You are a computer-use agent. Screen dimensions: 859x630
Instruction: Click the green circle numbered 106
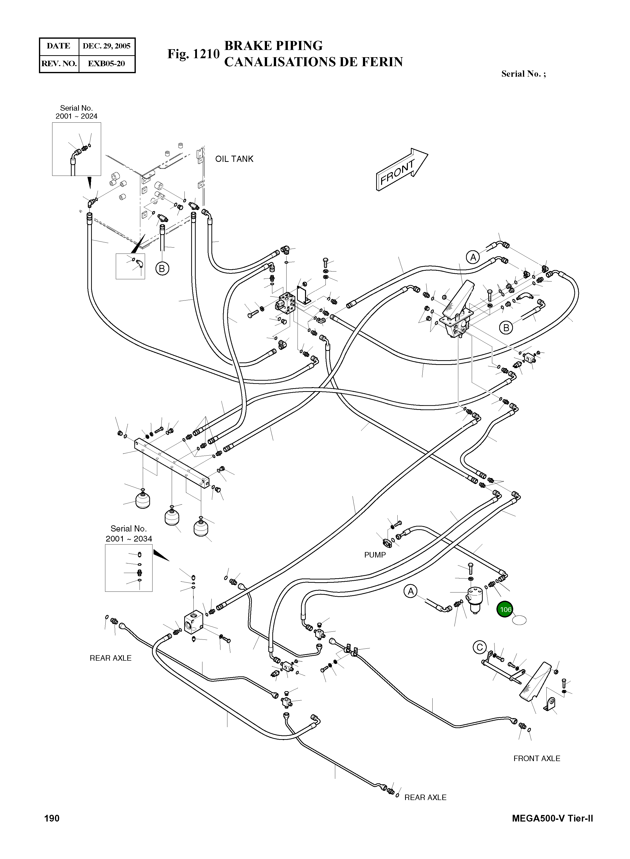tap(505, 610)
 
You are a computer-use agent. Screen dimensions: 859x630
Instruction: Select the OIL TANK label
tap(234, 159)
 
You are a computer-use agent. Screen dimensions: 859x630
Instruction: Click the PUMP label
tap(375, 555)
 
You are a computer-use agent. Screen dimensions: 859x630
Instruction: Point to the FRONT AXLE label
tap(537, 758)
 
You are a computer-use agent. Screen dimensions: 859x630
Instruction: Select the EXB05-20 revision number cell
tap(106, 64)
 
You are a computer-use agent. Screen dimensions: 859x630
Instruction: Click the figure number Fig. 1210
tap(193, 54)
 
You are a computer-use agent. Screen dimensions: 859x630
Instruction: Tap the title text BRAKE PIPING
tap(273, 46)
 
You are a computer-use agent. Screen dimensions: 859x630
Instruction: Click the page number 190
tap(52, 818)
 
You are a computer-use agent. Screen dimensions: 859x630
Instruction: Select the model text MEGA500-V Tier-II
tap(553, 818)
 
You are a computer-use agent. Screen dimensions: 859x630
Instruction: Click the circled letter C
tap(479, 647)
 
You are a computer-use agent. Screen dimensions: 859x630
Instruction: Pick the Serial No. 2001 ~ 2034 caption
tap(129, 534)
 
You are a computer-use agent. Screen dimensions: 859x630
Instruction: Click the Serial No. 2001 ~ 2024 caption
tap(76, 112)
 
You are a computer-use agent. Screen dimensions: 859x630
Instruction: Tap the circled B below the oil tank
tap(162, 269)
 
